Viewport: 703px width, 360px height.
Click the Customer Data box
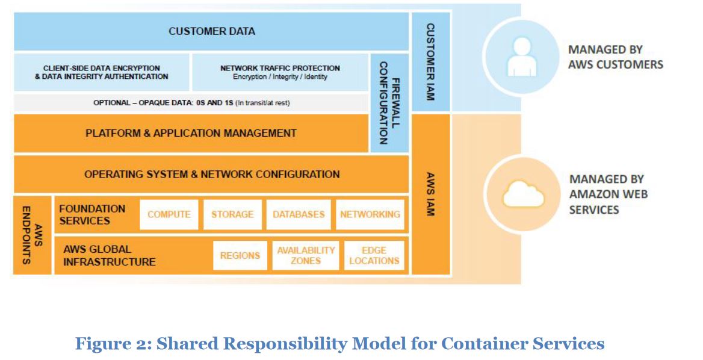click(x=211, y=31)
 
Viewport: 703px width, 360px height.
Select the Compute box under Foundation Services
click(x=169, y=215)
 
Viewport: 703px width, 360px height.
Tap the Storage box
click(x=232, y=215)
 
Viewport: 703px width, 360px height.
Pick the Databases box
click(x=299, y=215)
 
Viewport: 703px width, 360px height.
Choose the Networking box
click(x=370, y=215)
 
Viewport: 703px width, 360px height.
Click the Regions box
click(x=240, y=255)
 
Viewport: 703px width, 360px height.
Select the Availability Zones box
click(x=306, y=255)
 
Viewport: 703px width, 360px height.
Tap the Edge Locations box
click(x=374, y=255)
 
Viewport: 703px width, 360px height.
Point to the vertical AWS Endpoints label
click(x=33, y=235)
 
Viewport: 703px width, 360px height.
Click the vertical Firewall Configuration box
click(x=389, y=103)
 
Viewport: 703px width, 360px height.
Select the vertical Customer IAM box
click(x=430, y=62)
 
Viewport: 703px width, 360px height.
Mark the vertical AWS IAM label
click(x=430, y=194)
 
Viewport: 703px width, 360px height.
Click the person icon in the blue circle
click(x=521, y=57)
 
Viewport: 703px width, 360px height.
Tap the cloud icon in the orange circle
click(x=523, y=194)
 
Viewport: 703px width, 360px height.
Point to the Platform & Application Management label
click(x=191, y=133)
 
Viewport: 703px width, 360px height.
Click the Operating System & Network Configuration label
click(x=212, y=175)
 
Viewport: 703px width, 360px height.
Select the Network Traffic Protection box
click(x=280, y=72)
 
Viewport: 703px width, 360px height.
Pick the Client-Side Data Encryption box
click(x=101, y=72)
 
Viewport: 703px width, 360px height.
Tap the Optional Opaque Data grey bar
click(x=191, y=103)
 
